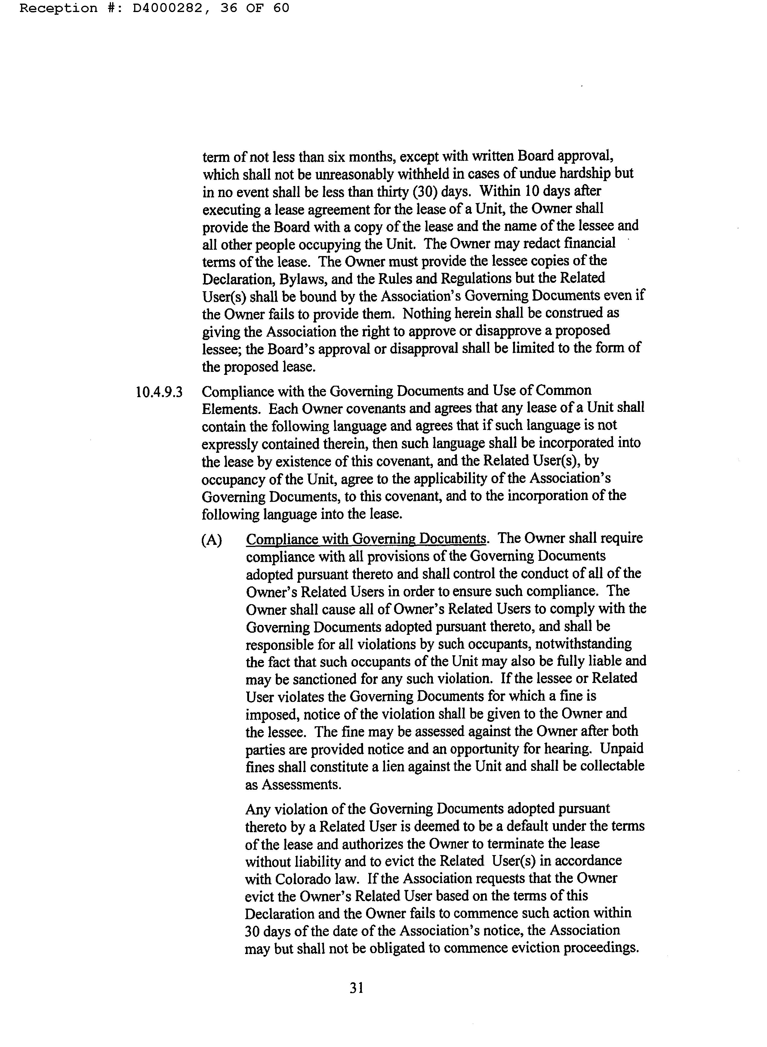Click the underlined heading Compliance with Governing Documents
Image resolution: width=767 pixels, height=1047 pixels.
click(x=366, y=539)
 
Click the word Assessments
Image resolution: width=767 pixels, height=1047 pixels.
click(x=300, y=784)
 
